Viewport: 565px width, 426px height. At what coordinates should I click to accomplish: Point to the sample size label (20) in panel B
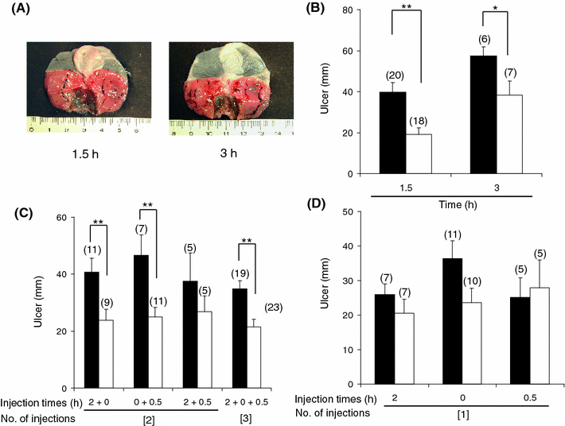tap(392, 76)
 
